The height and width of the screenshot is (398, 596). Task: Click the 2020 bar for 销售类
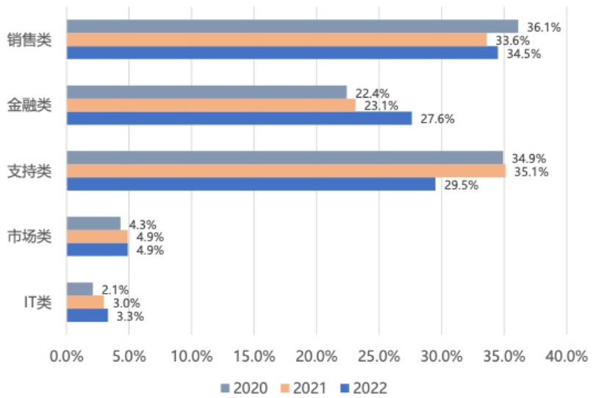[292, 26]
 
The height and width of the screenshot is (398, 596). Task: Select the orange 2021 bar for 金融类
[212, 105]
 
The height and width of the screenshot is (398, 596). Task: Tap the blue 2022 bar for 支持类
[251, 184]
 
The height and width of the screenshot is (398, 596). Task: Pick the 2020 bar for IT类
[80, 289]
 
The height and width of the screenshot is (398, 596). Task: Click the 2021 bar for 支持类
[286, 171]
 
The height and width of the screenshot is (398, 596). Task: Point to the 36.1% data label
[544, 27]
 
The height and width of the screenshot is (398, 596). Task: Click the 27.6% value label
[437, 119]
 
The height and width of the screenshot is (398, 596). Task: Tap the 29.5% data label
[461, 185]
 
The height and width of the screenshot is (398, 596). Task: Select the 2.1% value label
[115, 290]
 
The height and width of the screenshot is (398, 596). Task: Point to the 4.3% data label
[143, 225]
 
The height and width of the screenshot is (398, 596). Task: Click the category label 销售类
[29, 40]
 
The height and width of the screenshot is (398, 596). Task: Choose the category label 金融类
[29, 105]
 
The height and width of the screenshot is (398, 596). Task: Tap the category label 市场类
[29, 236]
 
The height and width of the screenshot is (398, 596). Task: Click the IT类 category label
[37, 303]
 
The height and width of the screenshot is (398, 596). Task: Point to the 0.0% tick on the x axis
[67, 357]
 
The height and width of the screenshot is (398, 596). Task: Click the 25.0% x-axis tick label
[379, 357]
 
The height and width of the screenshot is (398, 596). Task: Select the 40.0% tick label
[567, 357]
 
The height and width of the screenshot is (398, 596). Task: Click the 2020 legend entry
[244, 388]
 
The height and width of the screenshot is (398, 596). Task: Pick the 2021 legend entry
[304, 388]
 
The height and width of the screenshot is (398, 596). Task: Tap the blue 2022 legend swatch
[345, 388]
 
